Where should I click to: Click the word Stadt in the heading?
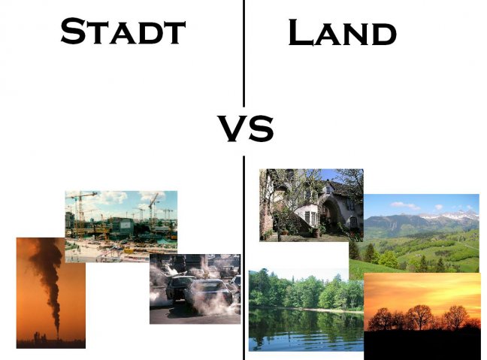123,31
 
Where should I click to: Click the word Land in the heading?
343,32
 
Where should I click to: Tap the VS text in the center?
245,129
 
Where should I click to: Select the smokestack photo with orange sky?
51,293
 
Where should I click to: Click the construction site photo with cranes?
121,226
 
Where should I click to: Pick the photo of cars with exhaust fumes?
195,289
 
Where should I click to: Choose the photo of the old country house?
311,205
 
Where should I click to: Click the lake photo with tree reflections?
306,310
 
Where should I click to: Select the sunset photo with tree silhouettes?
422,316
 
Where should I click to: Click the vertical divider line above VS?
244,53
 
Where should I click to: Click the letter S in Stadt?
73,31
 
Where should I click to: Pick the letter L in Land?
300,32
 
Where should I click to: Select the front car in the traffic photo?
209,295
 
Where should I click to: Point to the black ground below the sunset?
422,345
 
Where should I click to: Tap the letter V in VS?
231,129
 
